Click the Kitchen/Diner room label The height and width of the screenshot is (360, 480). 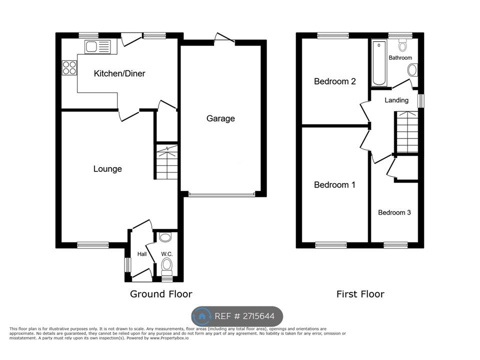(x=119, y=73)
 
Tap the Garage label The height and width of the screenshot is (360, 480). (x=220, y=118)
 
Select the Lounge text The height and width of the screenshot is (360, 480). (x=107, y=169)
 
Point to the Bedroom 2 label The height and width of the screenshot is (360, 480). (x=334, y=81)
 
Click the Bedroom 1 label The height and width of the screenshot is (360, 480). (x=334, y=185)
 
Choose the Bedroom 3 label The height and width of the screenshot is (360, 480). (x=394, y=212)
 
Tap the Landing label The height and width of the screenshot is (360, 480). (x=396, y=100)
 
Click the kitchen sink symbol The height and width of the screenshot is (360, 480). (x=98, y=47)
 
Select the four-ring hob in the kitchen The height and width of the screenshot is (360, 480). (x=69, y=67)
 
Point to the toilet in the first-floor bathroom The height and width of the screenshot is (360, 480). (x=402, y=46)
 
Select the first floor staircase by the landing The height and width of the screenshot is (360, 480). (x=407, y=132)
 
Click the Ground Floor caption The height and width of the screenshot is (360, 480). (x=161, y=294)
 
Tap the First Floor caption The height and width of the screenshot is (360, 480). (x=360, y=294)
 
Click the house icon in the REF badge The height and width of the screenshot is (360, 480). (x=202, y=316)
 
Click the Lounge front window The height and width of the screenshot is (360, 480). (x=93, y=245)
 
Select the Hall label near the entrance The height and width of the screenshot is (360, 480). (x=141, y=254)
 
